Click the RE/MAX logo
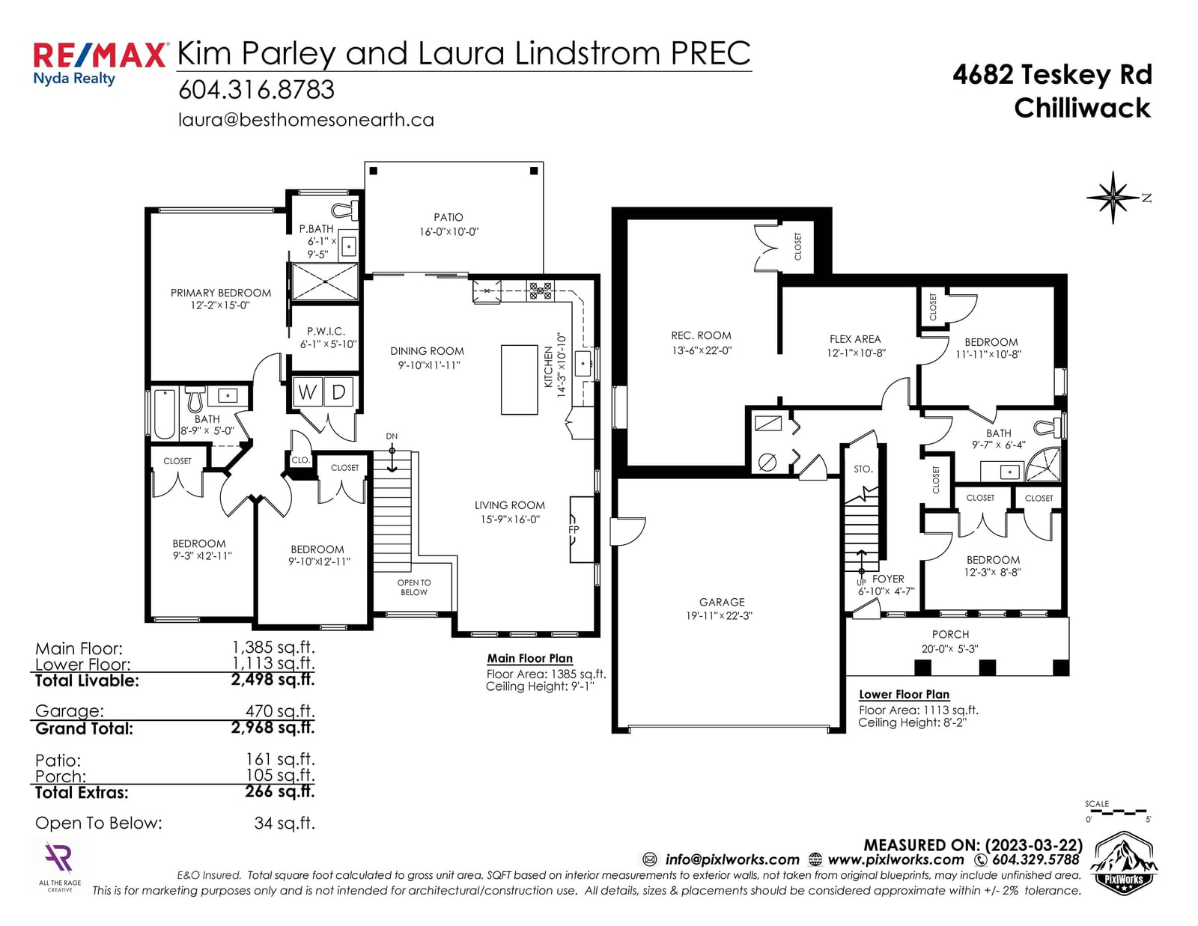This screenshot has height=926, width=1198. click(100, 64)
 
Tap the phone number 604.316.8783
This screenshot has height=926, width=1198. click(256, 90)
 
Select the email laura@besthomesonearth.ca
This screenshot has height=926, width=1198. click(306, 121)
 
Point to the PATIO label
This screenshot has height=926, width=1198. click(449, 218)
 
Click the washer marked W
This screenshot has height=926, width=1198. click(307, 392)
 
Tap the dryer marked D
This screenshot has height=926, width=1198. click(338, 392)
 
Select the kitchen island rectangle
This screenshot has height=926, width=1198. click(520, 380)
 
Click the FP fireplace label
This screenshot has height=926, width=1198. click(574, 530)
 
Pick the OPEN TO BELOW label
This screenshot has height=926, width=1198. click(414, 588)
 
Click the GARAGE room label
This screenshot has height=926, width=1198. click(722, 603)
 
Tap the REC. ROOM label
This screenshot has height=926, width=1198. click(702, 335)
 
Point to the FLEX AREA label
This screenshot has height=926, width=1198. click(855, 340)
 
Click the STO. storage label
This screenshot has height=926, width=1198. click(863, 469)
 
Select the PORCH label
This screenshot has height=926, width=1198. click(950, 635)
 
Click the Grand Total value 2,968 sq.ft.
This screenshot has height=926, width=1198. click(273, 728)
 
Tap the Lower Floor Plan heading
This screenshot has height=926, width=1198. click(904, 695)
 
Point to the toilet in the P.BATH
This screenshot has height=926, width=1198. click(345, 210)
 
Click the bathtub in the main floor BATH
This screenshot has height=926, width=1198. click(164, 414)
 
